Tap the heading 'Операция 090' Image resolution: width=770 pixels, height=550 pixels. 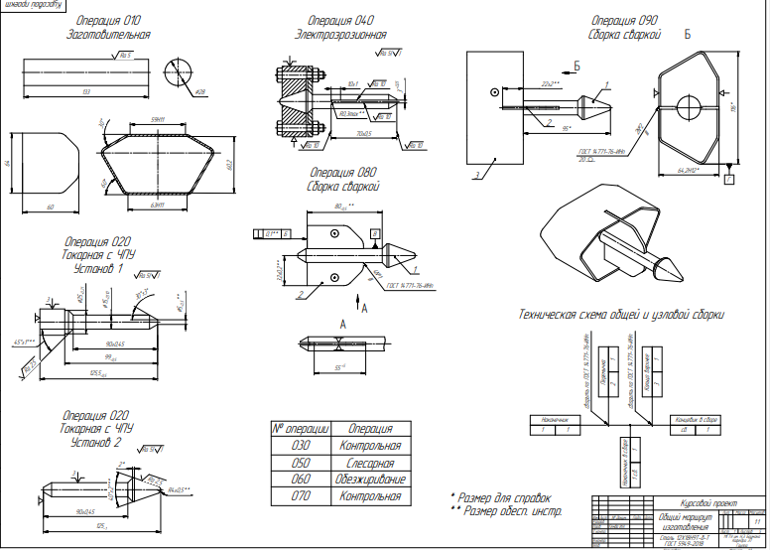tap(624, 20)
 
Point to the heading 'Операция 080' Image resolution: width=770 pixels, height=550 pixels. tap(342, 172)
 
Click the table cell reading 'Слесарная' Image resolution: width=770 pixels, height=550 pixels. tap(369, 462)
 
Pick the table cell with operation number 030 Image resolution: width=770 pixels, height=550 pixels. tap(300, 446)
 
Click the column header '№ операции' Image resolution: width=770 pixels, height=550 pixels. tap(300, 429)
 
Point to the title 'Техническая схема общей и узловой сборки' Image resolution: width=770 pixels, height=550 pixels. tap(621, 315)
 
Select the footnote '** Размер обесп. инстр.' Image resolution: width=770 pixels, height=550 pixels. tap(505, 511)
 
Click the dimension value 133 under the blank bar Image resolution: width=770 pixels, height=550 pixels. tap(87, 90)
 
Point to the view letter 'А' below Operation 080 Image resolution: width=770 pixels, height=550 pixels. tap(342, 325)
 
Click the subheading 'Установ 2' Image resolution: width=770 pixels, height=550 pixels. tap(97, 443)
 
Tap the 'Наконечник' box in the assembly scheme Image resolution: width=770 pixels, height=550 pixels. tap(553, 419)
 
